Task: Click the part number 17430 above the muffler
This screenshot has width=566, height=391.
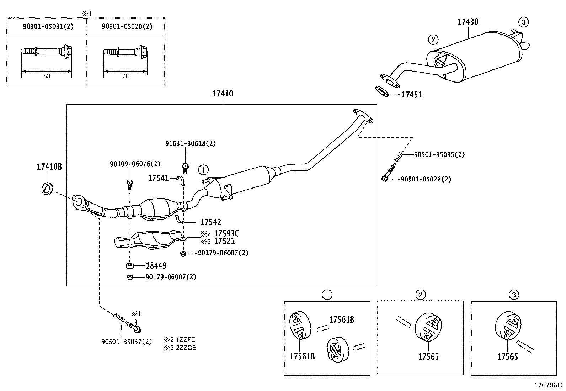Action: coord(468,22)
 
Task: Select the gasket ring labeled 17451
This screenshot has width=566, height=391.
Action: coord(382,91)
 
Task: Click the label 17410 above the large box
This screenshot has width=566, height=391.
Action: coord(223,94)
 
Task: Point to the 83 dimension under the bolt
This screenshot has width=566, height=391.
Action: coord(47,76)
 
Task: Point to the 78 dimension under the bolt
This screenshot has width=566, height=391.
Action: coord(125,76)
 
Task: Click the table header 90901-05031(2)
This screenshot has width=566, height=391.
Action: coord(48,27)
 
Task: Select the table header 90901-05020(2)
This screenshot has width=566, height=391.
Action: coord(127,27)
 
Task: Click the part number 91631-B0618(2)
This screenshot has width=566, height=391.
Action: coord(190,143)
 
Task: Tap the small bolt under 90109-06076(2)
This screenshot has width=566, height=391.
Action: coord(130,184)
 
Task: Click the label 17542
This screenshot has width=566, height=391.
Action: coord(210,222)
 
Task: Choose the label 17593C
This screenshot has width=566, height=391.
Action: coord(226,233)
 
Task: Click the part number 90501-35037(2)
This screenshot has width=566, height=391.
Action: coord(126,342)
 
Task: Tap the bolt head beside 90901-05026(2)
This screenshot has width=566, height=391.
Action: coord(385,178)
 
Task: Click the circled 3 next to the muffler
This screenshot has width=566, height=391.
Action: coord(523,22)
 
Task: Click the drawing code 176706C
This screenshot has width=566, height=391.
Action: coord(548,386)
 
